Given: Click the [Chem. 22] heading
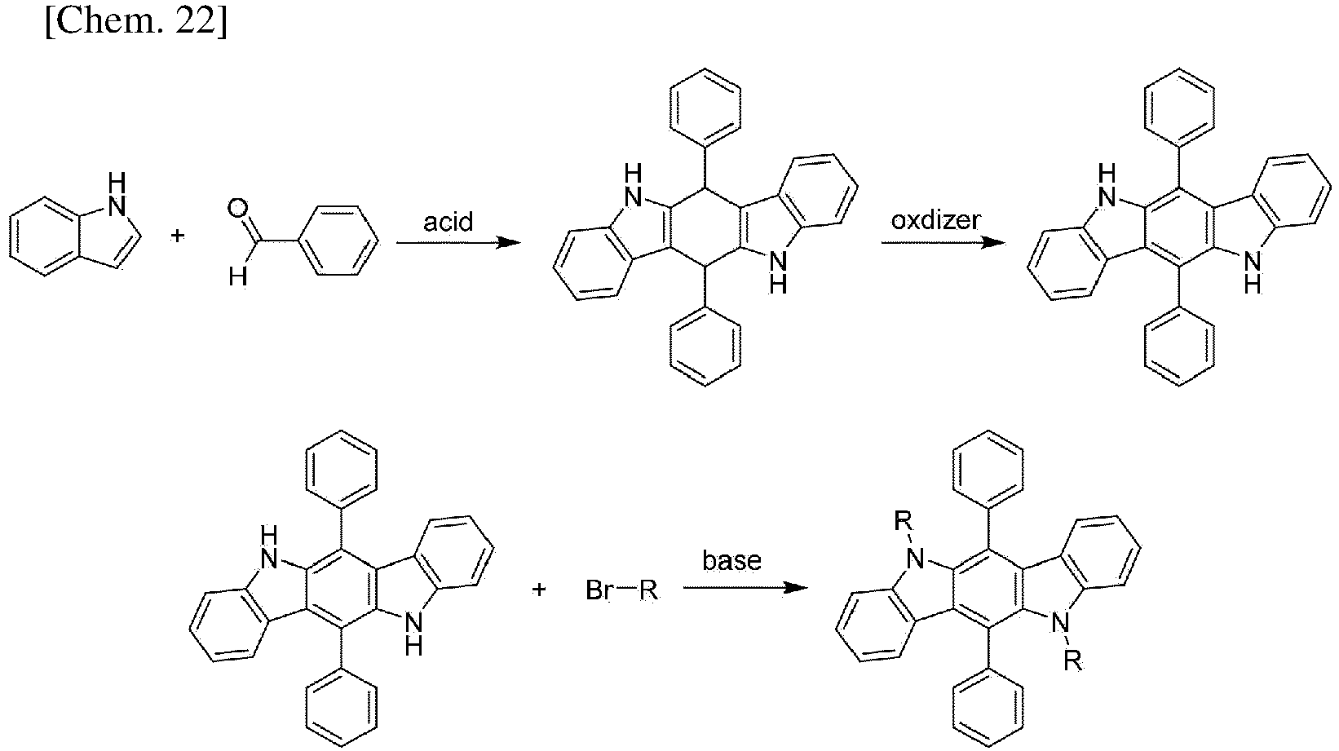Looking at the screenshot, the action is (135, 22).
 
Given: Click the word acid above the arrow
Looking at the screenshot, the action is (448, 222).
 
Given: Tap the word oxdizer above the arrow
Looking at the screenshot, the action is (935, 220).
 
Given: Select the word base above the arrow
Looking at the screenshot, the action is (731, 560).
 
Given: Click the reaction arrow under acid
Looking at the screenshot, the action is (458, 243).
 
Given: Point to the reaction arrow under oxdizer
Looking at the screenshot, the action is (943, 243).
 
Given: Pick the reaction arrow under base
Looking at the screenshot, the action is (745, 587).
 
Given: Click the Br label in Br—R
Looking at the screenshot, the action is (599, 590).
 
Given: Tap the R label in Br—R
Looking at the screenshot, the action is (648, 590).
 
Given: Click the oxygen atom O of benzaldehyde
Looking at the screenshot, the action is (237, 210).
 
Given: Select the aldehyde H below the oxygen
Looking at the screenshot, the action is (237, 277).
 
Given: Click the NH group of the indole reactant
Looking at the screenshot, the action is (117, 194).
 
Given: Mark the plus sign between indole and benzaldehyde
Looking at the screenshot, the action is (177, 236).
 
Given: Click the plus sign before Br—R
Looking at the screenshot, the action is (538, 590).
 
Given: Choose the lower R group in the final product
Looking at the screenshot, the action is (1072, 660).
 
